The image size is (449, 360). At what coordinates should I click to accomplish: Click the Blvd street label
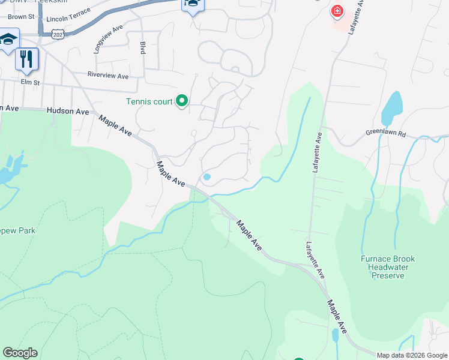(x=143, y=48)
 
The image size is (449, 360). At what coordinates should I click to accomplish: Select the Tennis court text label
(x=149, y=101)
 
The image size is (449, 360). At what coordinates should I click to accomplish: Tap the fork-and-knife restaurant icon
(x=26, y=59)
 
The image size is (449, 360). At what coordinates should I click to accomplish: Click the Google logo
(x=20, y=353)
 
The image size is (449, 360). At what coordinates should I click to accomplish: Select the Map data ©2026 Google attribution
(x=412, y=355)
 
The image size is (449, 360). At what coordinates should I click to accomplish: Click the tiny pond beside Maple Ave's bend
(x=206, y=177)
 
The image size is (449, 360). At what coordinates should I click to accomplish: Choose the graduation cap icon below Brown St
(x=9, y=40)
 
